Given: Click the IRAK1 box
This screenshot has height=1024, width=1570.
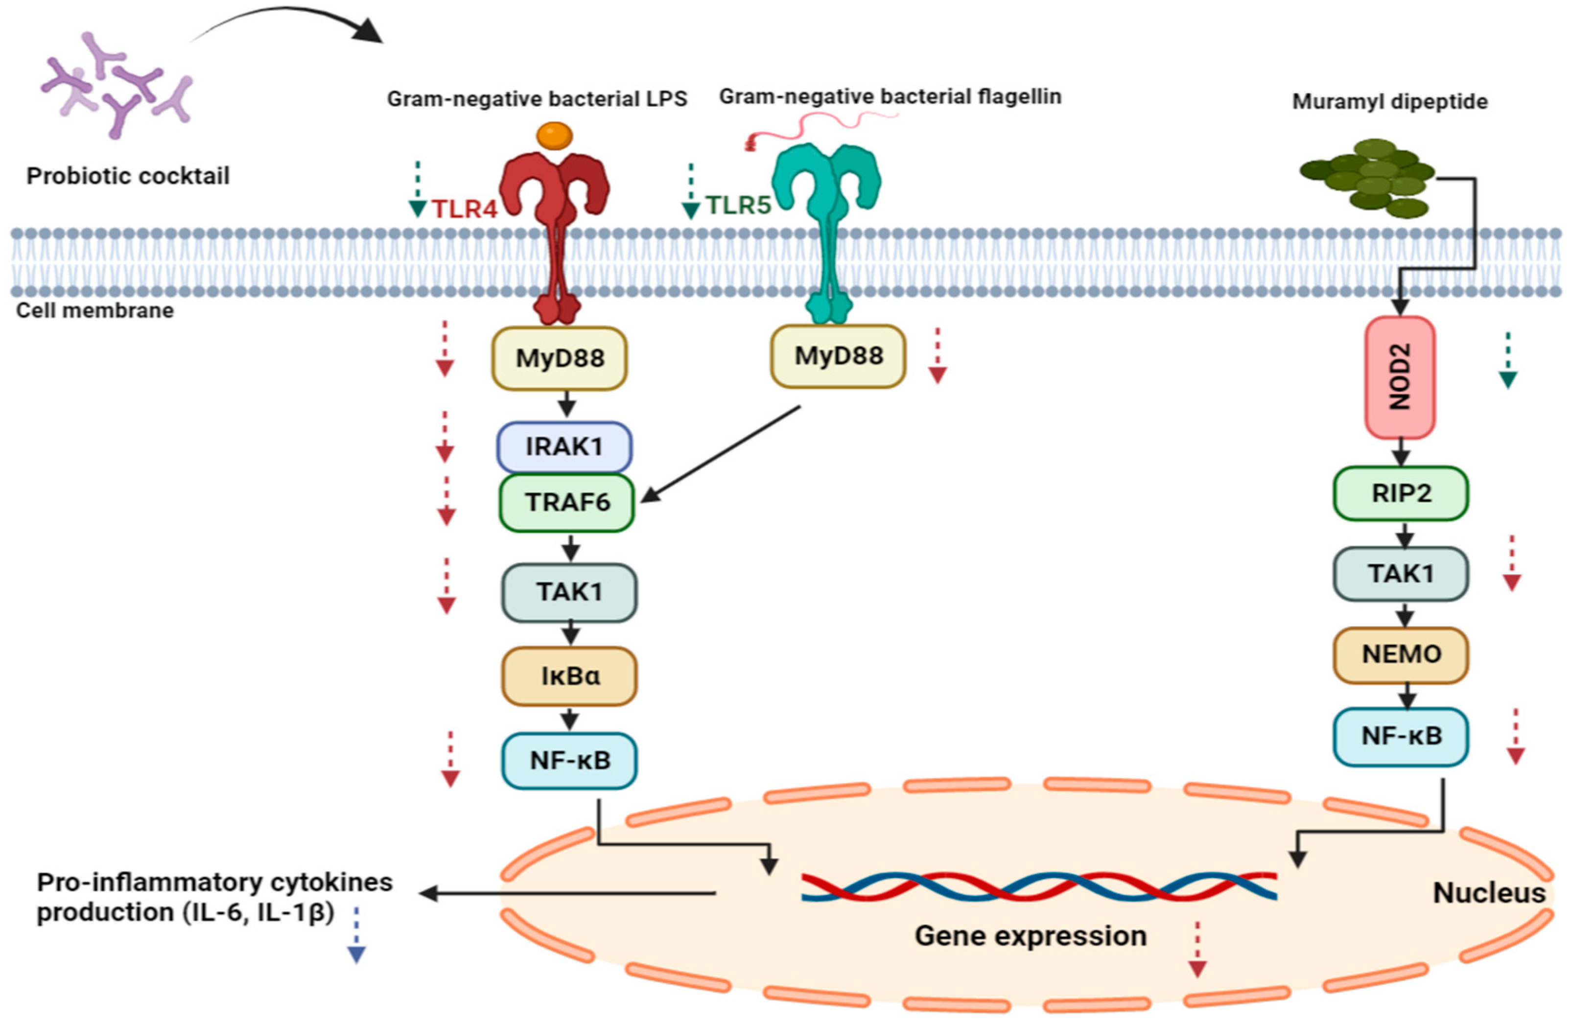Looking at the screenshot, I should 564,446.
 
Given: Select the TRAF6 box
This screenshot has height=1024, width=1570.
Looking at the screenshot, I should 566,502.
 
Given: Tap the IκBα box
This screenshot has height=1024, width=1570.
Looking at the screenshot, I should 569,676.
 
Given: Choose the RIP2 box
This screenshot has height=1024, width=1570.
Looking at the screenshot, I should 1401,493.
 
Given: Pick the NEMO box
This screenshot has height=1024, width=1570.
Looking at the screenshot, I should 1401,654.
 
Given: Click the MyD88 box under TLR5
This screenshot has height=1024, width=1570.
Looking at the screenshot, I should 838,356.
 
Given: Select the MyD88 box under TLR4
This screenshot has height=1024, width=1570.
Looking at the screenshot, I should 560,358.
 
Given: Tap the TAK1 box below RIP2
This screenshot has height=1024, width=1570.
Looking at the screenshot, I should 1401,573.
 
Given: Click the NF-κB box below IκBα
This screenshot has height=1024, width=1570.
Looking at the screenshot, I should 569,760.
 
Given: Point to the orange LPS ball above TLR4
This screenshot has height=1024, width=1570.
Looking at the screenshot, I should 554,136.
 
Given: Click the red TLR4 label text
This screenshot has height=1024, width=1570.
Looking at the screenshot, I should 465,209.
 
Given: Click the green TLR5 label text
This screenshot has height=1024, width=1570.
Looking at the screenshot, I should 738,205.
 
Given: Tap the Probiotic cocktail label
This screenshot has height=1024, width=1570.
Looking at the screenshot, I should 128,176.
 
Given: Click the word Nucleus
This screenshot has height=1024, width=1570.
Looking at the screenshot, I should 1489,893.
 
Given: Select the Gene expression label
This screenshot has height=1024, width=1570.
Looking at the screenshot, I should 1031,935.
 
